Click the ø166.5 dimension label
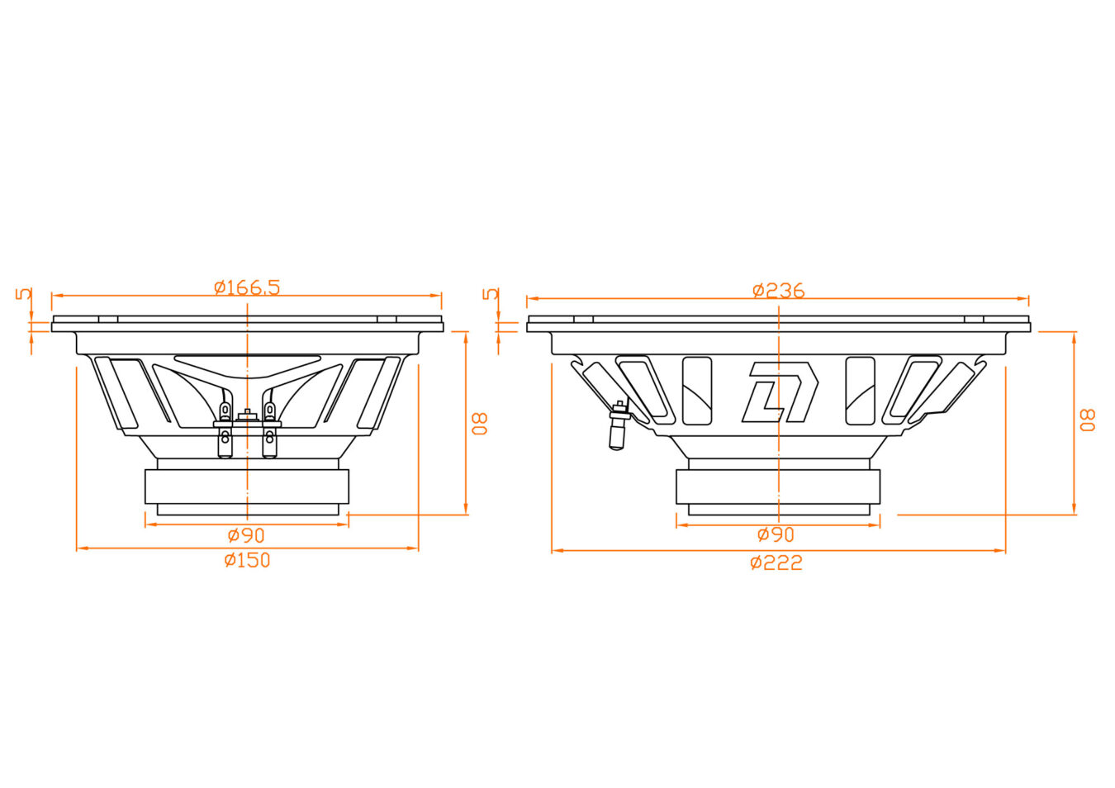point(247,287)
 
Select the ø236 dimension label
point(778,291)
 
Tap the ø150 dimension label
point(247,561)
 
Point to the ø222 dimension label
point(776,563)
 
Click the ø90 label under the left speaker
point(246,535)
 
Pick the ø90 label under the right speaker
point(776,534)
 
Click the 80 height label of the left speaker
point(479,424)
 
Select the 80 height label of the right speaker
point(1087,420)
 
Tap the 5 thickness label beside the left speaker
point(24,294)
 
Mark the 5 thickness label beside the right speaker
point(491,294)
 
